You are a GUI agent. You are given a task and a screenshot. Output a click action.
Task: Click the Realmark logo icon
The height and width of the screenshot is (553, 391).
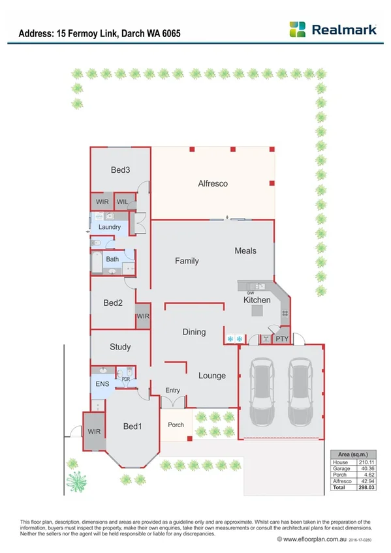[x=298, y=29]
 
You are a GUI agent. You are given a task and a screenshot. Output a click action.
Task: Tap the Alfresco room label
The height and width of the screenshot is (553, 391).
[x=213, y=184]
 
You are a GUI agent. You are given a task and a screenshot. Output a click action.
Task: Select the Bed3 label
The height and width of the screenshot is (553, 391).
[x=120, y=170]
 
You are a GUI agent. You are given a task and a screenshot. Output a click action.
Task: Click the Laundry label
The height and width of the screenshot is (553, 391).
[x=110, y=227]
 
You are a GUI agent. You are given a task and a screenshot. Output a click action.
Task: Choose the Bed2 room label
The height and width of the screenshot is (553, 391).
[x=113, y=303]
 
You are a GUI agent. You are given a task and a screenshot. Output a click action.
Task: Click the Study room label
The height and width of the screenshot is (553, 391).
[x=120, y=347]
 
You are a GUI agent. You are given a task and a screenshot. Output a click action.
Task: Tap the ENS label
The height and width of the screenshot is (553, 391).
[x=102, y=384]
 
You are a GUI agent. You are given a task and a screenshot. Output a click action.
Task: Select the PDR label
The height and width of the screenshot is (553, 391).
[x=126, y=378]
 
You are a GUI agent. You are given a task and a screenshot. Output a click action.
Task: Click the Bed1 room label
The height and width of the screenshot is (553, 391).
[x=133, y=426]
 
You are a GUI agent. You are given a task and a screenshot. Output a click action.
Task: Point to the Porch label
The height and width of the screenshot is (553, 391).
[x=176, y=425]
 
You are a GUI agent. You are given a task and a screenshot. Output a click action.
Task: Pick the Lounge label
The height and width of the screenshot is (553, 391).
[x=211, y=376]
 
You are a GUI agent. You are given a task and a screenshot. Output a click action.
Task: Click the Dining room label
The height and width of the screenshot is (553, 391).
[x=194, y=332]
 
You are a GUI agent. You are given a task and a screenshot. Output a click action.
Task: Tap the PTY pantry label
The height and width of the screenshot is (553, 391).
[x=281, y=339]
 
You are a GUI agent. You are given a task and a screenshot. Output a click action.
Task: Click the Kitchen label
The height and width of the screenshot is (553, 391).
[x=257, y=300]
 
